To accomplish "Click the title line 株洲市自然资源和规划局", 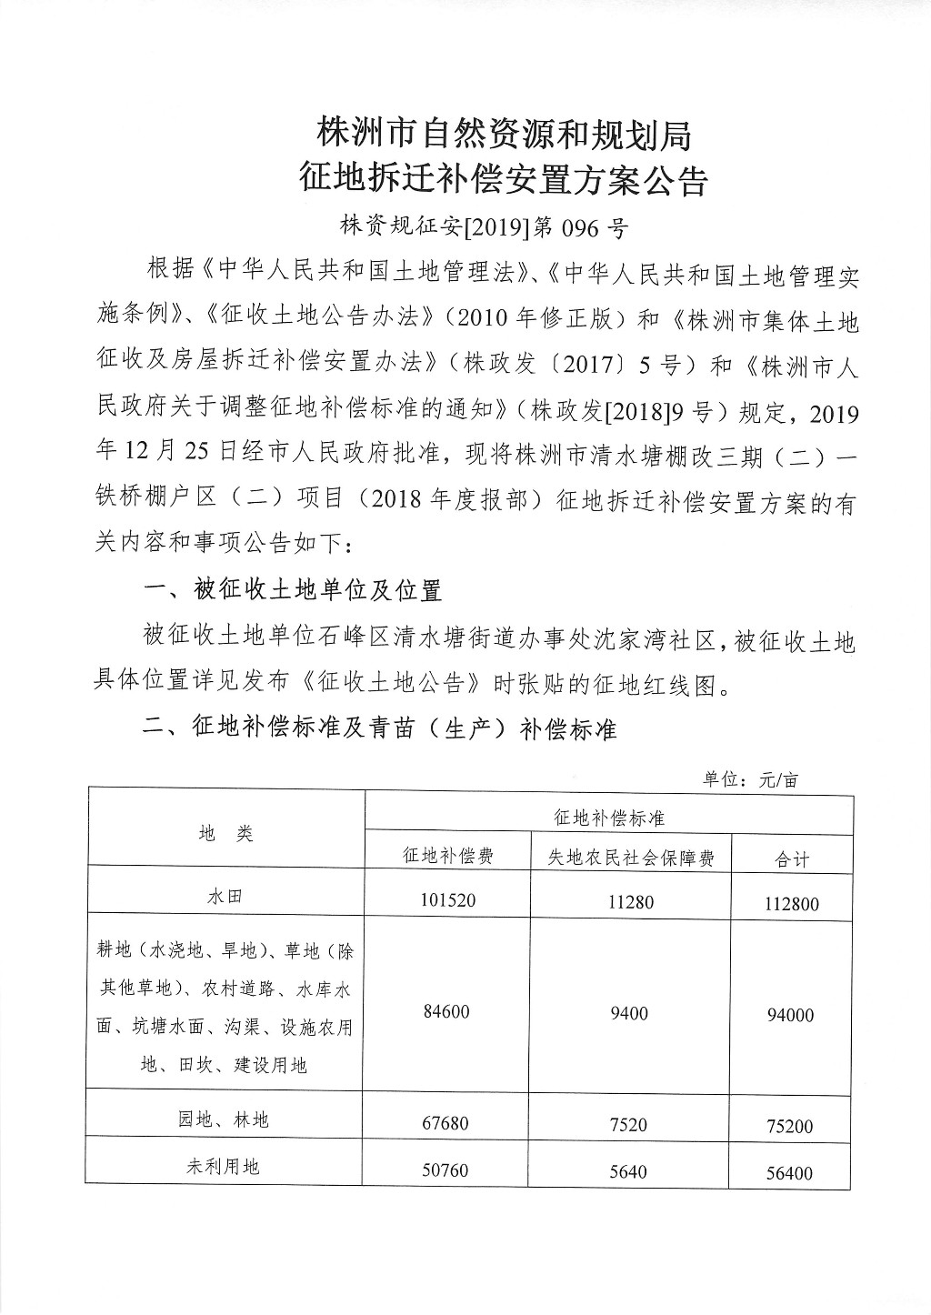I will point(504,135).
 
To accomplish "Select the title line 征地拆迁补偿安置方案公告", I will point(504,181).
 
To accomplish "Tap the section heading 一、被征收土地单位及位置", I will point(293,590).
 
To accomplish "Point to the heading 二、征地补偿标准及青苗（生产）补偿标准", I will point(380,728).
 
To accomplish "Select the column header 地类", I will point(225,833).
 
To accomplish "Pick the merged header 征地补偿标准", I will point(609,818).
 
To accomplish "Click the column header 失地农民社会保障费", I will point(631,858).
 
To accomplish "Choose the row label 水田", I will point(225,897).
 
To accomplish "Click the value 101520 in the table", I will point(447,900).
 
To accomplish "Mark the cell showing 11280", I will point(629,901).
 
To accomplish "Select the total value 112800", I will point(789,904).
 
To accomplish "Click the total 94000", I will point(789,1015).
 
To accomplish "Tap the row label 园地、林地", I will point(224,1119).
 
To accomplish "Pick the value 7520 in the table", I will point(628,1125).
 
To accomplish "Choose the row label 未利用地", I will point(224,1165).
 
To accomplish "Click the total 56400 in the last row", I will point(789,1173).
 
